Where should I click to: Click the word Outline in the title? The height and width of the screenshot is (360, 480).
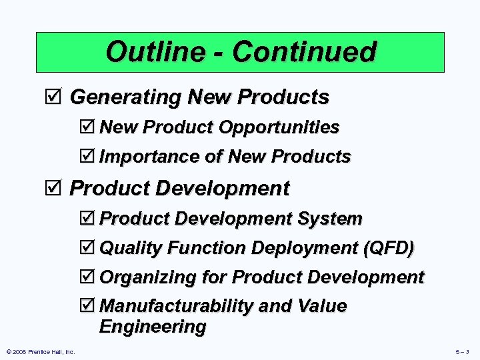pos(149,51)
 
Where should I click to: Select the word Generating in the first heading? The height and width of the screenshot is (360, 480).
pos(125,97)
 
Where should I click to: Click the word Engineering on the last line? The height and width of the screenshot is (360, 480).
pos(153,327)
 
